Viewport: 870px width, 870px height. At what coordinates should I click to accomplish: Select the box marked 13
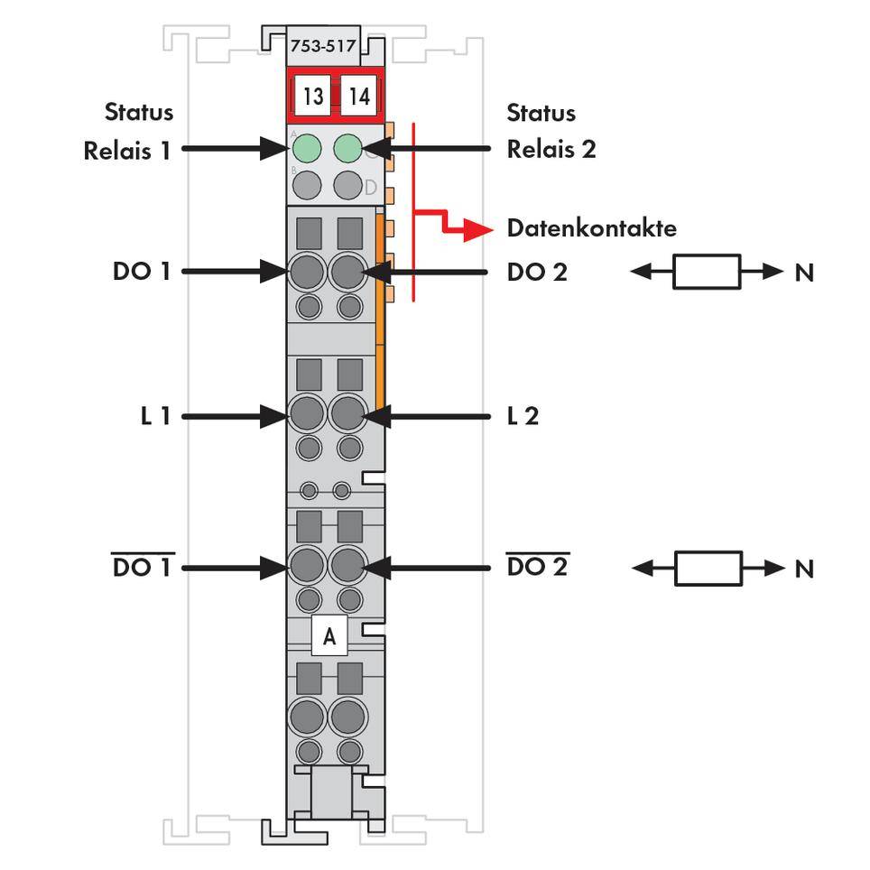(313, 96)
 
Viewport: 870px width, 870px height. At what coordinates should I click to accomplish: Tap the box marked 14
(358, 96)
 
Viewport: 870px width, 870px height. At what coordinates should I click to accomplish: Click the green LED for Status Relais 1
(308, 147)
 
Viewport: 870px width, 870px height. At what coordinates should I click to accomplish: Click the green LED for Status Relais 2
(348, 147)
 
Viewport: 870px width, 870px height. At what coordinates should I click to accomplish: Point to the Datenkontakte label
(591, 227)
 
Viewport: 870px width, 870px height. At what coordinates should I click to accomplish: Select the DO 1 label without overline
(141, 271)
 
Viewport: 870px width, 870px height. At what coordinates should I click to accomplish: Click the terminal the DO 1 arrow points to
(307, 270)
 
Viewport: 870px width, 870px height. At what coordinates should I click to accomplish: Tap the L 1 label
(155, 416)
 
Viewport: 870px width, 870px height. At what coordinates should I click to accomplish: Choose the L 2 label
(523, 416)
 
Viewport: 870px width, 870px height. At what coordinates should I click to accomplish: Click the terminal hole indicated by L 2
(347, 415)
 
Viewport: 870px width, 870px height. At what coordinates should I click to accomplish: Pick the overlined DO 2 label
(537, 568)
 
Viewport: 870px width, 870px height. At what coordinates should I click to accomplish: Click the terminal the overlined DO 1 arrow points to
(307, 567)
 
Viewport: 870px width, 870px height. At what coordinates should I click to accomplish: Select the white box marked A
(329, 636)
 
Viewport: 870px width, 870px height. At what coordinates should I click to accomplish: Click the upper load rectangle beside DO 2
(707, 272)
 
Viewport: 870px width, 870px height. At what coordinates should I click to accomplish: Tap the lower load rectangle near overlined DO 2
(708, 569)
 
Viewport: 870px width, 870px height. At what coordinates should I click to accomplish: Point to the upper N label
(803, 272)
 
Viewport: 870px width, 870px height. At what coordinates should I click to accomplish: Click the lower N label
(803, 569)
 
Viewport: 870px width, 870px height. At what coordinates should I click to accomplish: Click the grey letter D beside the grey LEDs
(370, 187)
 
